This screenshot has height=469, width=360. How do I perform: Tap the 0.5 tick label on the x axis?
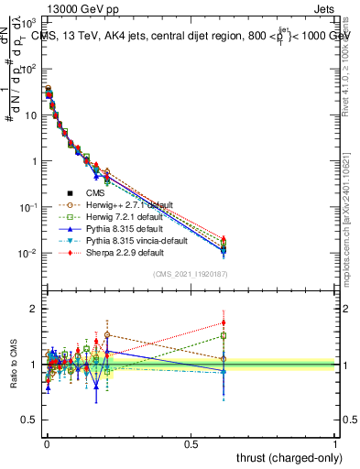(191, 443)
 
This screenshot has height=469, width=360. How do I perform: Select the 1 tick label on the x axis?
(336, 443)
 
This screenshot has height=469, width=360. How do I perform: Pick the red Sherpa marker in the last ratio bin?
(224, 322)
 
